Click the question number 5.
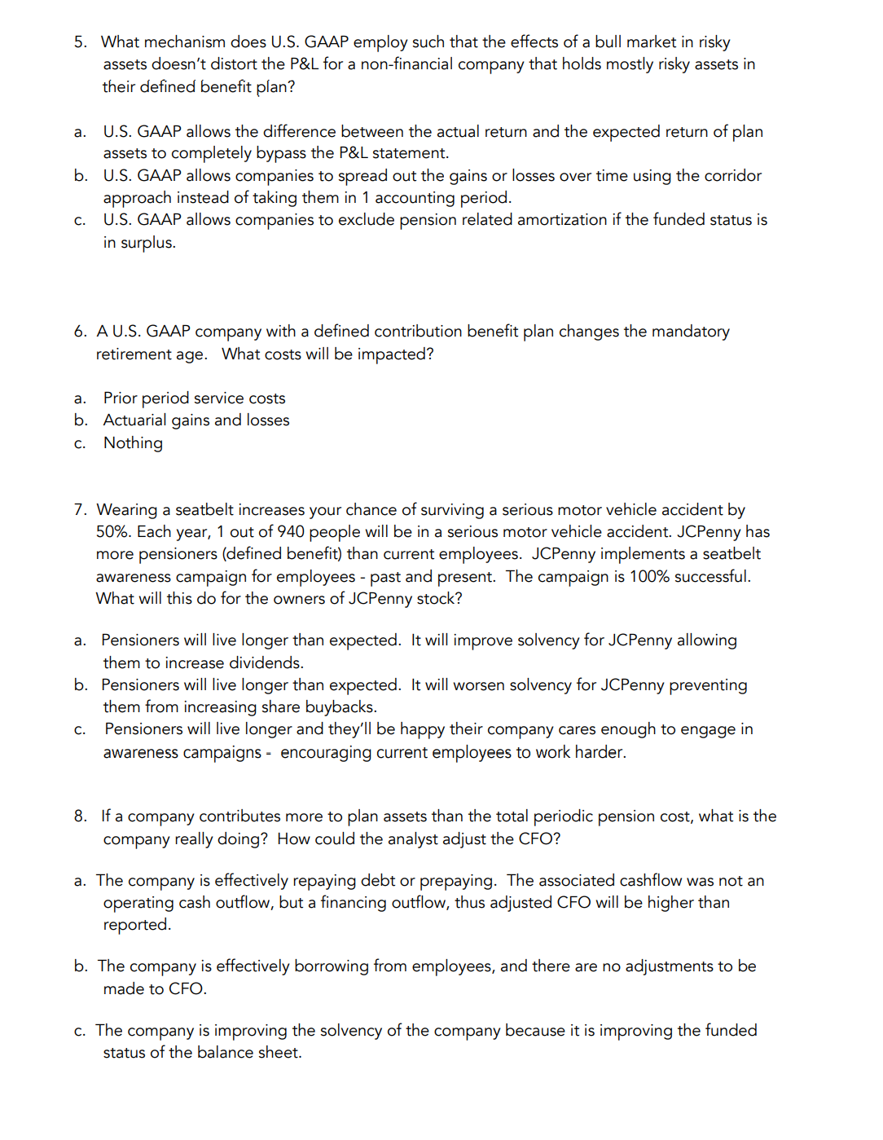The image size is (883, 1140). (80, 42)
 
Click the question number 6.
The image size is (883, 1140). (80, 332)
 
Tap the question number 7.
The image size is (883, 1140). (80, 510)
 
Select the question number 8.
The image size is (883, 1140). (80, 816)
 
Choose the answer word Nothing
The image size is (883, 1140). (133, 443)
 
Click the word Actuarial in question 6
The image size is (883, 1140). (134, 420)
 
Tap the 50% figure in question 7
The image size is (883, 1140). (113, 532)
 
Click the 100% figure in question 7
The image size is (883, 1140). (648, 577)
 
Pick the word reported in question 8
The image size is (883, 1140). (136, 925)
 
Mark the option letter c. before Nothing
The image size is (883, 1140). (80, 444)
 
